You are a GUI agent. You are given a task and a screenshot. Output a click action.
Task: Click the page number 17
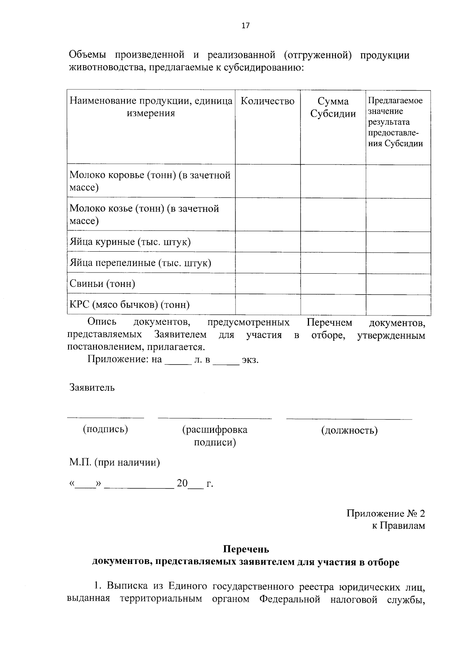[245, 26]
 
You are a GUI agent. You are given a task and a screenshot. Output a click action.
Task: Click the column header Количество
[268, 101]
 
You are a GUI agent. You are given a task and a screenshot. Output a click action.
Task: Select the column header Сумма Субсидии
[333, 107]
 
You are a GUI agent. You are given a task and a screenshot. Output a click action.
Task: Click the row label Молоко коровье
[150, 181]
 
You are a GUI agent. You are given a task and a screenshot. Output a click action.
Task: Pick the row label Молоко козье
[144, 214]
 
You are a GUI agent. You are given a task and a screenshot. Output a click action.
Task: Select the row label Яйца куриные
[130, 242]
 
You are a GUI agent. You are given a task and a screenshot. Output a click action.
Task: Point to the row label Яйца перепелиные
[140, 263]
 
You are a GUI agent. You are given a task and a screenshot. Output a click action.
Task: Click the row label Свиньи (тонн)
[102, 283]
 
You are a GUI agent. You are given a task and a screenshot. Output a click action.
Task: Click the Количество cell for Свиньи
[268, 283]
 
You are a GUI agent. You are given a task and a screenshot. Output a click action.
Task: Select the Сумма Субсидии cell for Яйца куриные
[333, 242]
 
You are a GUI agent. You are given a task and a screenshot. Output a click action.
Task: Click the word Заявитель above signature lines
[92, 387]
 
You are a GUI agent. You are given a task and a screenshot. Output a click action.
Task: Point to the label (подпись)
[105, 429]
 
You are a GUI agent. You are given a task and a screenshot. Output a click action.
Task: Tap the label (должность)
[349, 430]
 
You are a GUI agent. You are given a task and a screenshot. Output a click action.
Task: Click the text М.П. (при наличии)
[115, 462]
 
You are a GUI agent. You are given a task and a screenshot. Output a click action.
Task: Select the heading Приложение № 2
[386, 514]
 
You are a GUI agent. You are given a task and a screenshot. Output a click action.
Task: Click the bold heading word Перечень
[246, 549]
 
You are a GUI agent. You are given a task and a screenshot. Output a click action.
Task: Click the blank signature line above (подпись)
[105, 417]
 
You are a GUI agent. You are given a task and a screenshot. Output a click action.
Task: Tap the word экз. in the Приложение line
[250, 360]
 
